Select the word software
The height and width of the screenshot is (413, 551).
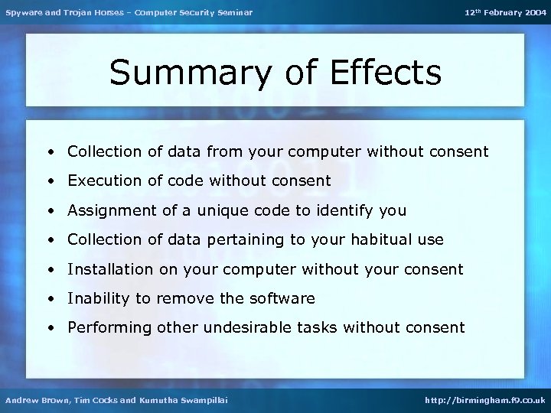(285, 298)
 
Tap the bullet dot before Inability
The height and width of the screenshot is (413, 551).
(50, 299)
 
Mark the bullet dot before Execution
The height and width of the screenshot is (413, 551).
(50, 182)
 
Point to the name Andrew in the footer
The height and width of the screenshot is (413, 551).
(21, 400)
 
